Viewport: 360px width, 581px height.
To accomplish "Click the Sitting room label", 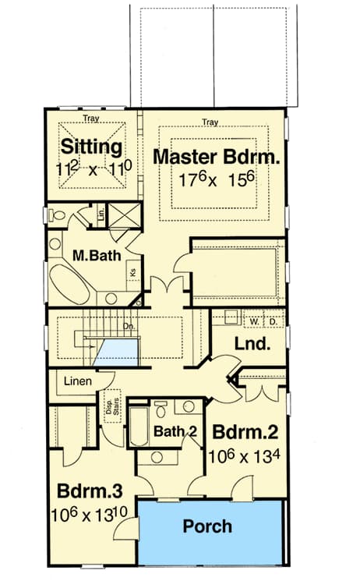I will (91, 147).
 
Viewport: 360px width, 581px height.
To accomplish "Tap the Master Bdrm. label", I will (215, 156).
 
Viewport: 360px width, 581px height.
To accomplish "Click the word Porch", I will (207, 526).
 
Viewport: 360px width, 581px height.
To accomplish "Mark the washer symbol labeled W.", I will (254, 321).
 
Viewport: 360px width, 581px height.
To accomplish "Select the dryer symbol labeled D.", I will (274, 321).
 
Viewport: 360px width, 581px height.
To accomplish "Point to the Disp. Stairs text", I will (111, 406).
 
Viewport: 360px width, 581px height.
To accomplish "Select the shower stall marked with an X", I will (124, 214).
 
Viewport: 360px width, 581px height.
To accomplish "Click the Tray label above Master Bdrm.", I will (209, 122).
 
